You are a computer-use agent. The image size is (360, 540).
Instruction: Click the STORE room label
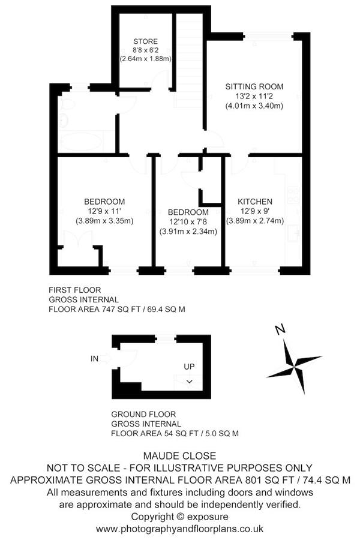click(146, 41)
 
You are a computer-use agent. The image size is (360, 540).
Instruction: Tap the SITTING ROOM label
click(254, 86)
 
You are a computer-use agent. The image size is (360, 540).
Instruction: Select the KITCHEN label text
click(255, 202)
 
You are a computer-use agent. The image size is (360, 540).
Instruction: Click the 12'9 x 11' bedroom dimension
click(104, 211)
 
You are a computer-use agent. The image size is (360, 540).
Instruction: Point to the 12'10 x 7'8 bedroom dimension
click(188, 222)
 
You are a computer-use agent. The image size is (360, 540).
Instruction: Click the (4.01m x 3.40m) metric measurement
click(254, 106)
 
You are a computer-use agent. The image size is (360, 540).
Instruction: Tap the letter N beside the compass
click(280, 329)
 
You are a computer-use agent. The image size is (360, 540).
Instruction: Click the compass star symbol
click(295, 367)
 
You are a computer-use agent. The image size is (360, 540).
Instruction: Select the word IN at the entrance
click(94, 359)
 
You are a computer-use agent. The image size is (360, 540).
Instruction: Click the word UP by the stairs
click(189, 367)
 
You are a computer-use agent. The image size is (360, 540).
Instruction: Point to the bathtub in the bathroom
click(82, 142)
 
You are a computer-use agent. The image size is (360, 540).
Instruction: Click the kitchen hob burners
click(294, 195)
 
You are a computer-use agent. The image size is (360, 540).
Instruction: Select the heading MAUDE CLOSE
click(180, 456)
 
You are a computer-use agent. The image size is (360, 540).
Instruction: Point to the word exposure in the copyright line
click(208, 517)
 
